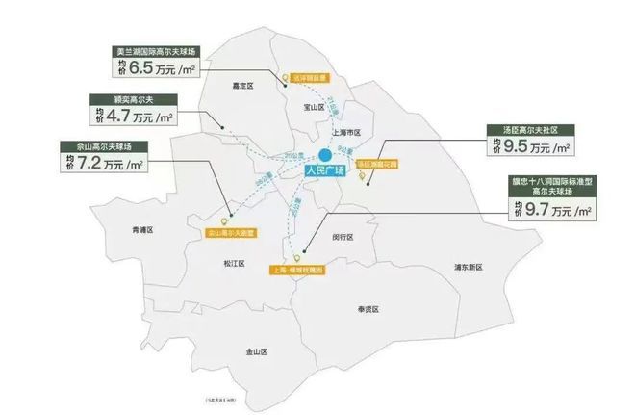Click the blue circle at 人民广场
(x=325, y=154)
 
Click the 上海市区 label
(x=343, y=132)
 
